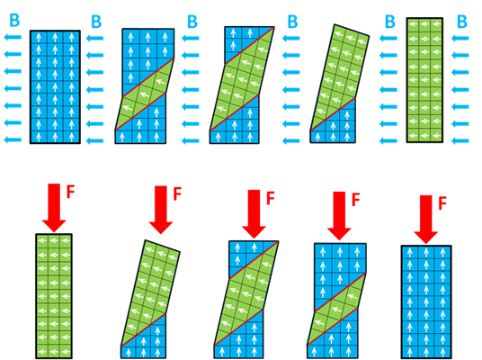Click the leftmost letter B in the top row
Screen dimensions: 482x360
tap(14, 21)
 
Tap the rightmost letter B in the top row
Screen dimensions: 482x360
tap(462, 22)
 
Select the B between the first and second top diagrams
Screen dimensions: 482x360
tap(96, 22)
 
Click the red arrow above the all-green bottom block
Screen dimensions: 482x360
tap(54, 208)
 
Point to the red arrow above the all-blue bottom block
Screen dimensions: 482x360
tap(425, 220)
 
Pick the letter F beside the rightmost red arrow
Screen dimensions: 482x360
tap(442, 203)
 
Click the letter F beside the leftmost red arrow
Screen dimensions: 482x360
tap(71, 192)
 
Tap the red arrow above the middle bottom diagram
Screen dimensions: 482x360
tap(254, 214)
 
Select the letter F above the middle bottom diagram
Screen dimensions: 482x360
tap(270, 198)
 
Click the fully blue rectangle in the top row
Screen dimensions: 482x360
tap(56, 87)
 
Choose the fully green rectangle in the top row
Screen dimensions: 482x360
tap(424, 80)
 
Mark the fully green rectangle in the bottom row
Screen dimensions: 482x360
tap(54, 296)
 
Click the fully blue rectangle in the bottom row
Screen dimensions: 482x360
tap(426, 301)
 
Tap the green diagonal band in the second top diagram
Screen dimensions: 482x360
tap(145, 94)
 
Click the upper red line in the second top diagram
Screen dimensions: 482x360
tap(148, 77)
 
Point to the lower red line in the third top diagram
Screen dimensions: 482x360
tap(234, 112)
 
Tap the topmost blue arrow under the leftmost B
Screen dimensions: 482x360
tap(13, 37)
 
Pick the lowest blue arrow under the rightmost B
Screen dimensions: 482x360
tap(460, 141)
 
